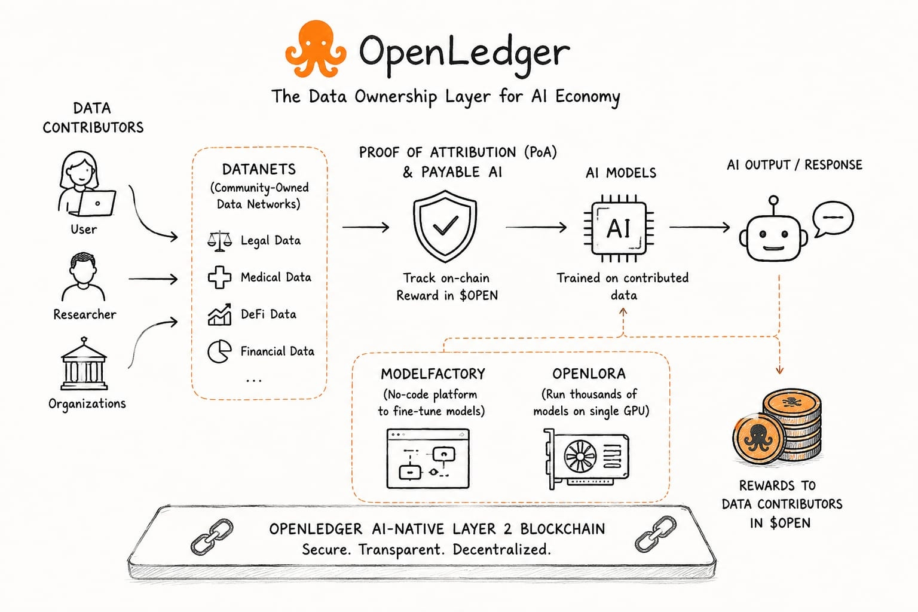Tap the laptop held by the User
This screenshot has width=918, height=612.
point(96,203)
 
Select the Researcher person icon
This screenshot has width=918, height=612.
point(83,277)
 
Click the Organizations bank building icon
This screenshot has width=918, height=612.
point(84,363)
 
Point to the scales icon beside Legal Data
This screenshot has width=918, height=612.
point(220,240)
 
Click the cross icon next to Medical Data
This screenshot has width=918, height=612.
point(219,277)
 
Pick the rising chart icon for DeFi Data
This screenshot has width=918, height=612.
point(220,314)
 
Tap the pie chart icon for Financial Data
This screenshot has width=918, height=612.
point(219,351)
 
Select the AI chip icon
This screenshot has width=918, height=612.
point(619,228)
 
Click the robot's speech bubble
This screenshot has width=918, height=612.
point(833,219)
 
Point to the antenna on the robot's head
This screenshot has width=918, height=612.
point(773,206)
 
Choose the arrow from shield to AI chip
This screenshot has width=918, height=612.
point(536,227)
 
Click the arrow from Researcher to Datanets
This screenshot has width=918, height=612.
point(153,279)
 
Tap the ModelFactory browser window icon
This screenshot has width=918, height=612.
point(428,458)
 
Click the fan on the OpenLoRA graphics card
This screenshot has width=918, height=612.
point(580,456)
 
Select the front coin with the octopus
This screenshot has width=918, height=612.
point(758,438)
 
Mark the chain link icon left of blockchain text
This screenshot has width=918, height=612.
point(212,537)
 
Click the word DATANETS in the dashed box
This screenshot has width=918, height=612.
point(259,169)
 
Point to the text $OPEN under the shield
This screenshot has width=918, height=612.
point(479,296)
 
